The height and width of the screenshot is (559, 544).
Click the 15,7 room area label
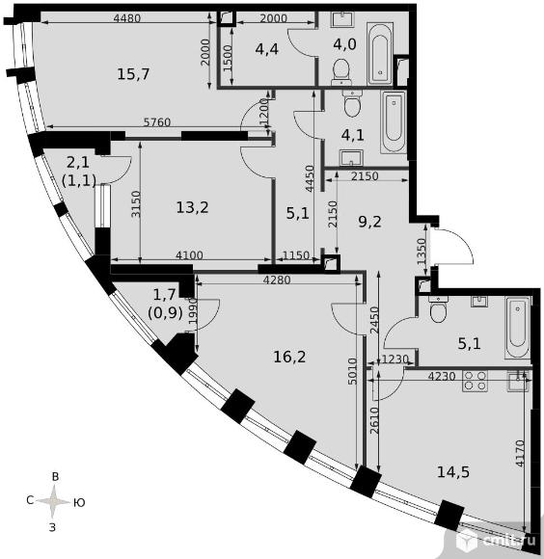click(x=133, y=74)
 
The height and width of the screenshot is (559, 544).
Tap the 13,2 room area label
click(x=192, y=207)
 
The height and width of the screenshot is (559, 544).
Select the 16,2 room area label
click(x=289, y=357)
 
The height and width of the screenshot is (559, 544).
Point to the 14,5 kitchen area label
click(x=453, y=471)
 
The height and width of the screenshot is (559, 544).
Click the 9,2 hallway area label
click(x=370, y=222)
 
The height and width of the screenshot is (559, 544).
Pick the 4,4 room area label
click(x=267, y=49)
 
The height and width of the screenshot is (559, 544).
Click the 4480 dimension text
click(x=127, y=17)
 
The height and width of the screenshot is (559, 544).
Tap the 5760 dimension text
click(x=157, y=122)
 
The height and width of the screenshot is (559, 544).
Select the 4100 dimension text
click(x=189, y=254)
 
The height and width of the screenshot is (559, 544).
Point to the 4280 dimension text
click(x=277, y=279)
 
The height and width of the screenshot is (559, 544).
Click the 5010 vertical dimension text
click(x=352, y=371)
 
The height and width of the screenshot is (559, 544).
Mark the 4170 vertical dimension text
click(x=521, y=454)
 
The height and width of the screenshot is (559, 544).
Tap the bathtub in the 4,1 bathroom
click(x=394, y=122)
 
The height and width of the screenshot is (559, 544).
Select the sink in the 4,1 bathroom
click(x=351, y=157)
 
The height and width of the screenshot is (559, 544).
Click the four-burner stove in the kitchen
click(x=475, y=381)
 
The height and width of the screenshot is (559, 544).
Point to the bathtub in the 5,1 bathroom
click(x=517, y=328)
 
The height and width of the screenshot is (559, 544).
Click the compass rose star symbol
click(x=53, y=502)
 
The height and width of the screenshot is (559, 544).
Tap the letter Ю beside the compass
click(x=79, y=503)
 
